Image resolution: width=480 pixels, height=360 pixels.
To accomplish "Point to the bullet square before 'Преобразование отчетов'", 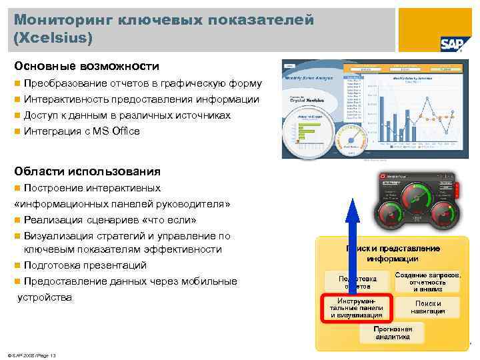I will click(x=17, y=84).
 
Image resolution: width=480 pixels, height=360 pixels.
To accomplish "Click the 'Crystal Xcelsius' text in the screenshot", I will click(x=307, y=99).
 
